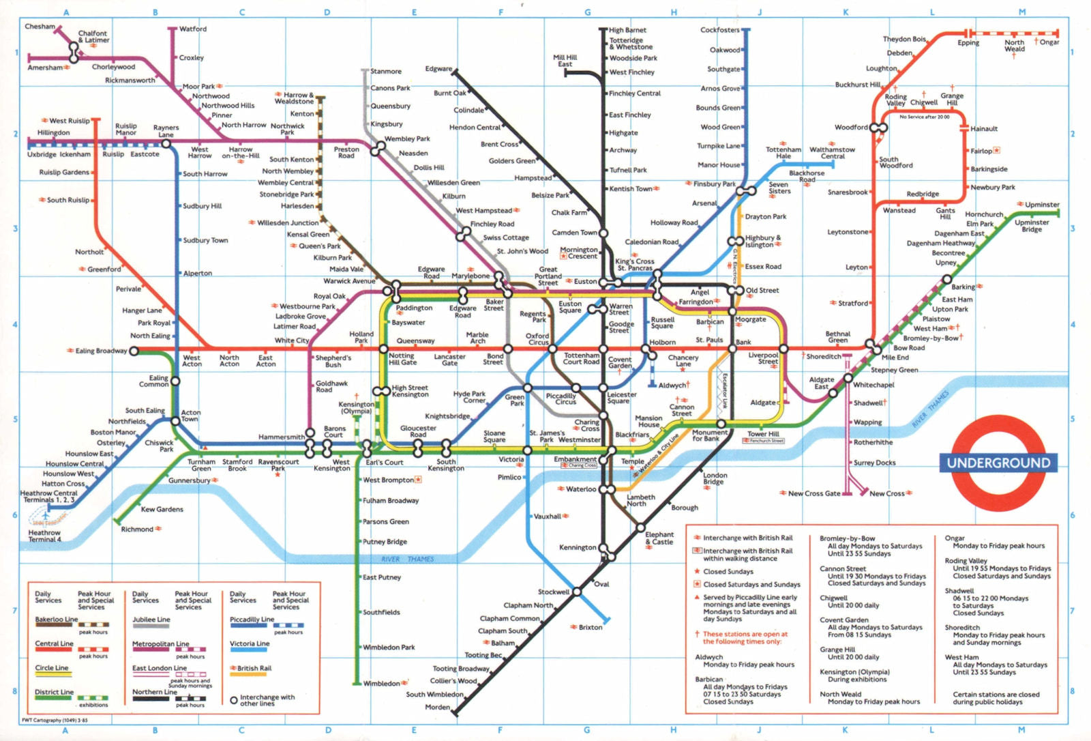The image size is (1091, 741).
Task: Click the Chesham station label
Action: [x=40, y=27]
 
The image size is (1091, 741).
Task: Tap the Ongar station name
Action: [x=1049, y=42]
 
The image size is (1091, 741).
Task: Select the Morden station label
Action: [x=437, y=707]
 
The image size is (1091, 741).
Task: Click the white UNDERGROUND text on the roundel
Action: [x=998, y=463]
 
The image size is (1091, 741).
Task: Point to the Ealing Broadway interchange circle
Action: [x=134, y=351]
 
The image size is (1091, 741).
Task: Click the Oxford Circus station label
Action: [x=538, y=339]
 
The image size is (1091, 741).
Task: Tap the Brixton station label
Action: [x=591, y=627]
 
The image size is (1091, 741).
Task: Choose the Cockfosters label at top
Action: [x=719, y=30]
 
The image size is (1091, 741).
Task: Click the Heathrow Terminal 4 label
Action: [x=44, y=536]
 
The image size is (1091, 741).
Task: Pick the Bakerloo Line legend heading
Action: [x=57, y=620]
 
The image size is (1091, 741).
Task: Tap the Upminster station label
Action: [x=1042, y=205]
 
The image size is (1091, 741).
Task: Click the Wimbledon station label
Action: [x=381, y=683]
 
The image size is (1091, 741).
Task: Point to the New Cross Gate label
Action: [x=814, y=493]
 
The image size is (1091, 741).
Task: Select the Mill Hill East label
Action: [x=565, y=61]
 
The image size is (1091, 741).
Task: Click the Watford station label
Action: [x=193, y=29]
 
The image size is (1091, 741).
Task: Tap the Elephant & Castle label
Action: [x=659, y=538]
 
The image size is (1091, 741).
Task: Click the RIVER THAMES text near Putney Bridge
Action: [x=407, y=559]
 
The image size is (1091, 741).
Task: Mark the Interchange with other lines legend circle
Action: [x=234, y=700]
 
